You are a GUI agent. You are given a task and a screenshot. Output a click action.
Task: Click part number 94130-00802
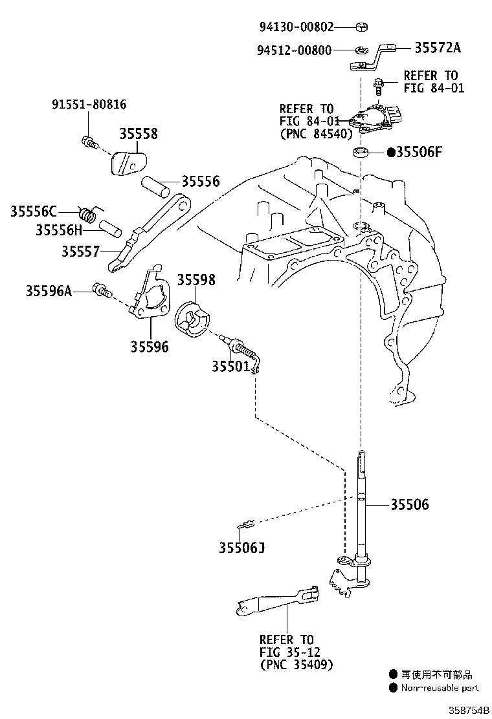click(296, 27)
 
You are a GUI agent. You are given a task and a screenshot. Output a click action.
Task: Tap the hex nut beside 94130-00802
click(361, 27)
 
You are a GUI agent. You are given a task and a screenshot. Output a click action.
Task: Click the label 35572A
click(438, 48)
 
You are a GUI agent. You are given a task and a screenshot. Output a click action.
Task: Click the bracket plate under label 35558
click(129, 163)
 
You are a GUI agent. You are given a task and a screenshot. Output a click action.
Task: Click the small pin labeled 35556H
click(111, 228)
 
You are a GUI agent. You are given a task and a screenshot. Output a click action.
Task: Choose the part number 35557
click(80, 252)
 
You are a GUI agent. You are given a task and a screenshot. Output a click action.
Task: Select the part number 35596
click(150, 347)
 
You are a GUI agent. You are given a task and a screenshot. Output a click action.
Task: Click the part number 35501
click(230, 366)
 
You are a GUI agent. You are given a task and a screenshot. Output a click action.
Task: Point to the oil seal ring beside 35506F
click(361, 152)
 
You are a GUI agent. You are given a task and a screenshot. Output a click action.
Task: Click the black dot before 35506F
click(391, 152)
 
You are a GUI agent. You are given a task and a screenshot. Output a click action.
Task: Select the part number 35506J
click(241, 548)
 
